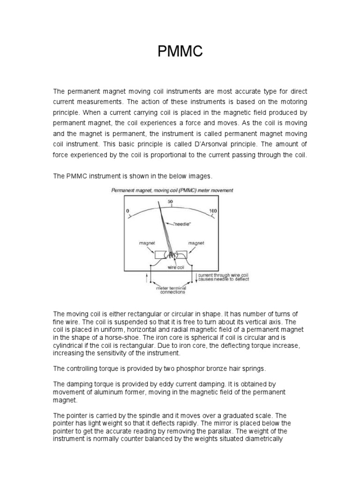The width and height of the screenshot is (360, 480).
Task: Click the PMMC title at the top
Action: tap(180, 52)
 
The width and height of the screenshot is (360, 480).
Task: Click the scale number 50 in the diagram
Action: tap(170, 202)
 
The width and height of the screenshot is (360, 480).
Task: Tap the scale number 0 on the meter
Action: tap(127, 211)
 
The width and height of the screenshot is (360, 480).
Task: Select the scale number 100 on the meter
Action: tap(213, 211)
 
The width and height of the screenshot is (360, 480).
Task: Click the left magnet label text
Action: tap(146, 243)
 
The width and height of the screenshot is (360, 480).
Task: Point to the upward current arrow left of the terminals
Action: tap(149, 278)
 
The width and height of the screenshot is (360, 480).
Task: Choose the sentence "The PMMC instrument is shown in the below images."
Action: tap(133, 176)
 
